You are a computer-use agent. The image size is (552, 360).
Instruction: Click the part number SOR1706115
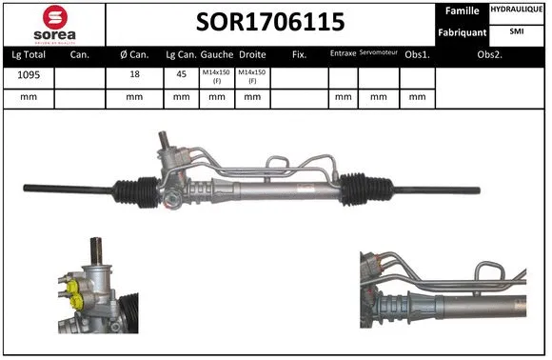click(x=269, y=22)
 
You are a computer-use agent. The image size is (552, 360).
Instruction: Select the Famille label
click(x=462, y=12)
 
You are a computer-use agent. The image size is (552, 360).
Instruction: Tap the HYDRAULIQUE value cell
click(x=517, y=10)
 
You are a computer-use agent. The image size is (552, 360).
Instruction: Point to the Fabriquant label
click(x=462, y=32)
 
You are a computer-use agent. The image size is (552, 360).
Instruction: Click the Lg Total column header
click(x=28, y=54)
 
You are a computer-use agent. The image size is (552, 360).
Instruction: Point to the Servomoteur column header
click(x=378, y=54)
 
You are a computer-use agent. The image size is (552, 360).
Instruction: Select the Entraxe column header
click(x=343, y=54)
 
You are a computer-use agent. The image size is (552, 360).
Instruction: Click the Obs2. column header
click(x=490, y=54)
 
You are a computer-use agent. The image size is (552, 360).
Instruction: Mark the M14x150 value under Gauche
click(x=216, y=76)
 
